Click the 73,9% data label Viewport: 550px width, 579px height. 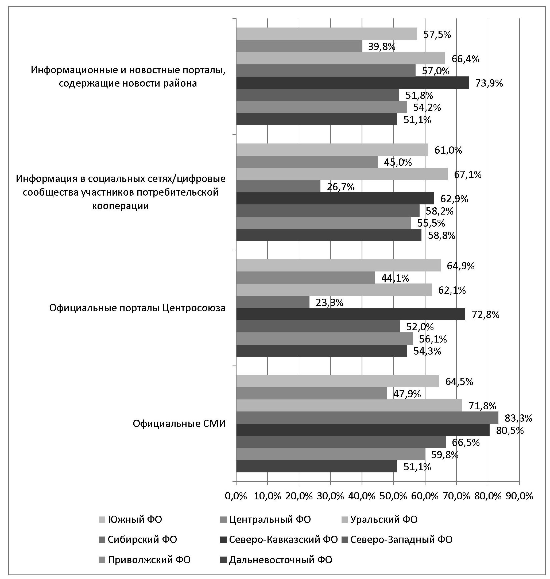(489, 84)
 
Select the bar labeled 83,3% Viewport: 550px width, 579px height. (367, 418)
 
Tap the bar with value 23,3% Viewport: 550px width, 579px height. (273, 302)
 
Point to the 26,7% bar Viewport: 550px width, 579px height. (278, 186)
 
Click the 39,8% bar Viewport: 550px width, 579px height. (299, 46)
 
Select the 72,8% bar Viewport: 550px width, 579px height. (350, 314)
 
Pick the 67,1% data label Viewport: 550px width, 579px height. (468, 175)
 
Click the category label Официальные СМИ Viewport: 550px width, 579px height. (179, 424)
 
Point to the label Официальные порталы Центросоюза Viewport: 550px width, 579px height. (137, 308)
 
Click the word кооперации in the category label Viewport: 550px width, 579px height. (121, 206)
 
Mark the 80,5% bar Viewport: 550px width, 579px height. (363, 430)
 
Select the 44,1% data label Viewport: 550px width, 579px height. (395, 278)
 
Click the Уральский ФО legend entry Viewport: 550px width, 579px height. (384, 519)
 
